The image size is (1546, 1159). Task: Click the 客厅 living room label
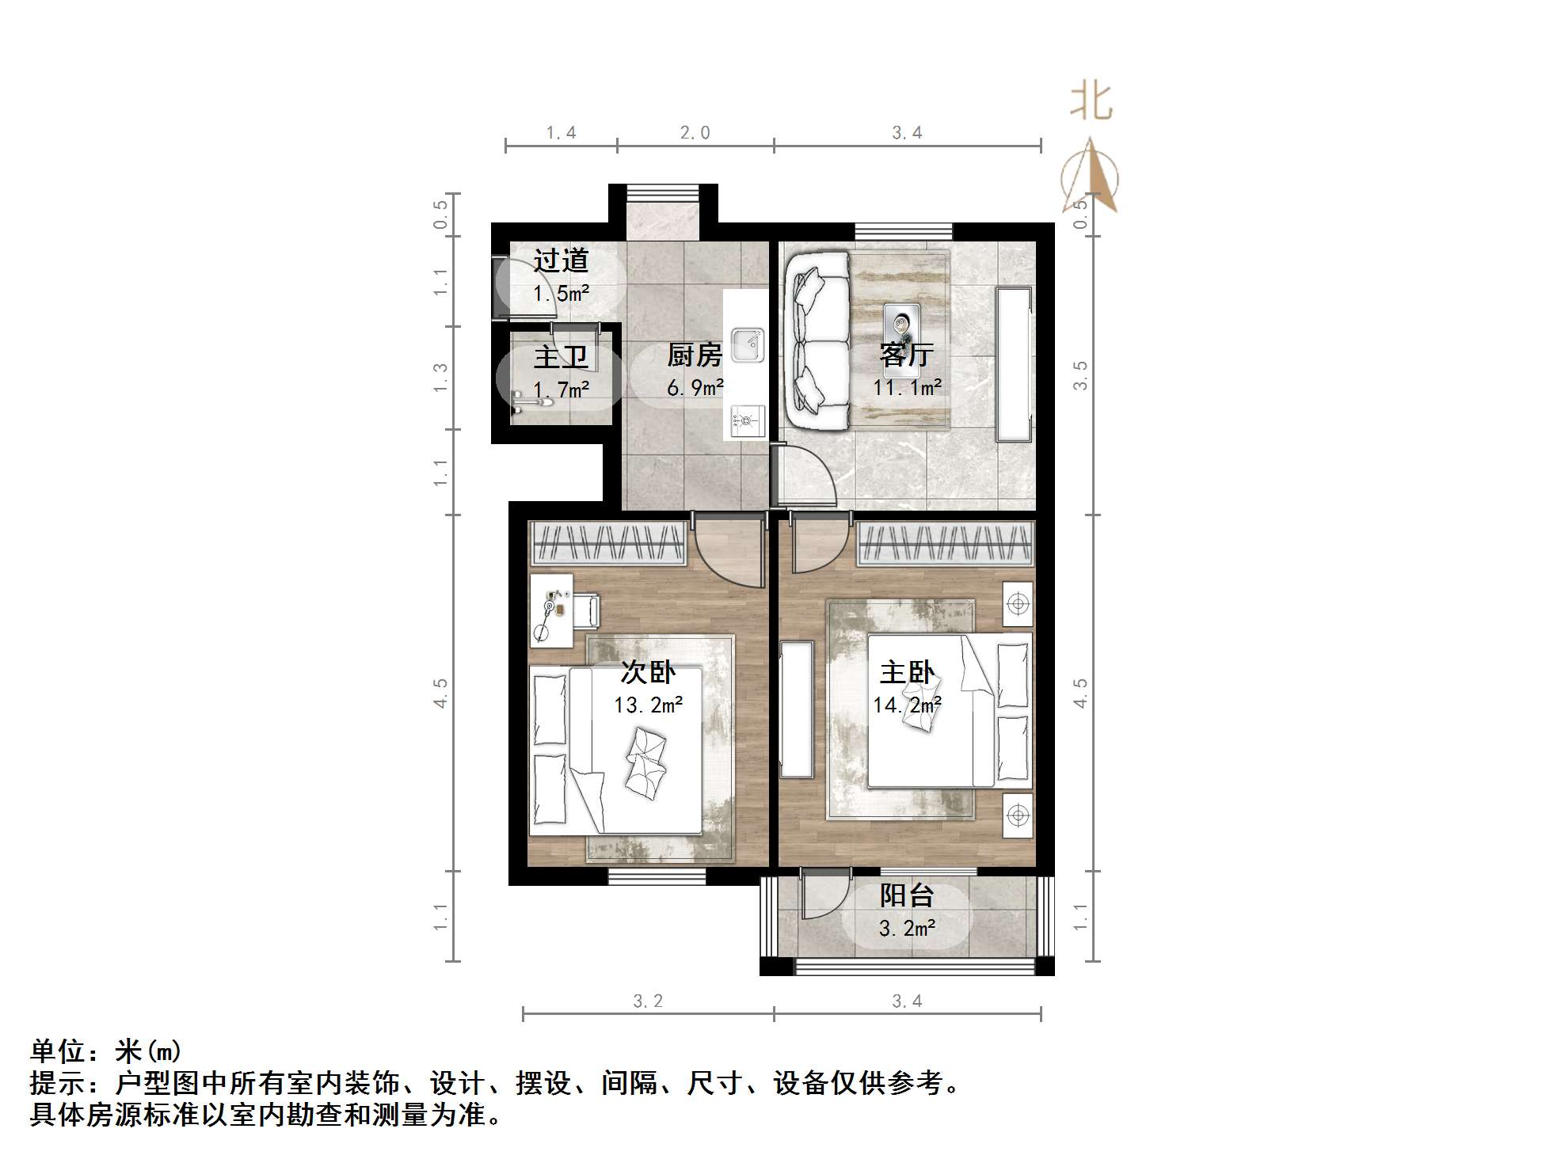click(x=907, y=355)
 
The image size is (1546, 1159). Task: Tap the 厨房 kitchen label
click(x=695, y=355)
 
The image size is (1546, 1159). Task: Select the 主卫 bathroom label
click(x=561, y=357)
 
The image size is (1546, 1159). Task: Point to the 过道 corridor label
click(x=561, y=260)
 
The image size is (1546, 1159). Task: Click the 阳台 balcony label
click(x=907, y=895)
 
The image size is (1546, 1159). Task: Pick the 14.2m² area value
click(x=907, y=705)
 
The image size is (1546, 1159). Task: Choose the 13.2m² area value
click(x=648, y=705)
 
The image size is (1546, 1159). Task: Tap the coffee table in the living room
click(x=901, y=325)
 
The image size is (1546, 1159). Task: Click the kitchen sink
click(x=746, y=345)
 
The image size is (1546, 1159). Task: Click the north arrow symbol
click(x=1091, y=176)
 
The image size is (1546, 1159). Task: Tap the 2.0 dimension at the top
click(x=695, y=132)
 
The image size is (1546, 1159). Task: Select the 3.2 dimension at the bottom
click(x=648, y=1001)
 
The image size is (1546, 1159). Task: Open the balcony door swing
click(x=824, y=895)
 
